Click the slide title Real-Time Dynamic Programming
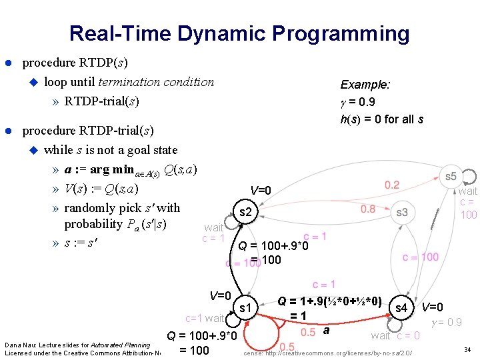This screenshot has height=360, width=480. pos(239,33)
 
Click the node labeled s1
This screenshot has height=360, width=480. pos(245,308)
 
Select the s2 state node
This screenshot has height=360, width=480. pos(245,213)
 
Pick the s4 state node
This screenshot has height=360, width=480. pos(401,308)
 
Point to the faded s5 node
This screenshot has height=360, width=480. pos(451,176)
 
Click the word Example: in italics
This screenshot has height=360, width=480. pos(365,85)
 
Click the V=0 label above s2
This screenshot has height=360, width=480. pos(261,191)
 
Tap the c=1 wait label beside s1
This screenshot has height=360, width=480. pos(205,319)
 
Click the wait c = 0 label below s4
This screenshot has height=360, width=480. pos(395,335)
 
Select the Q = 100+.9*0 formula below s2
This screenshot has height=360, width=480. pos(273,247)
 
